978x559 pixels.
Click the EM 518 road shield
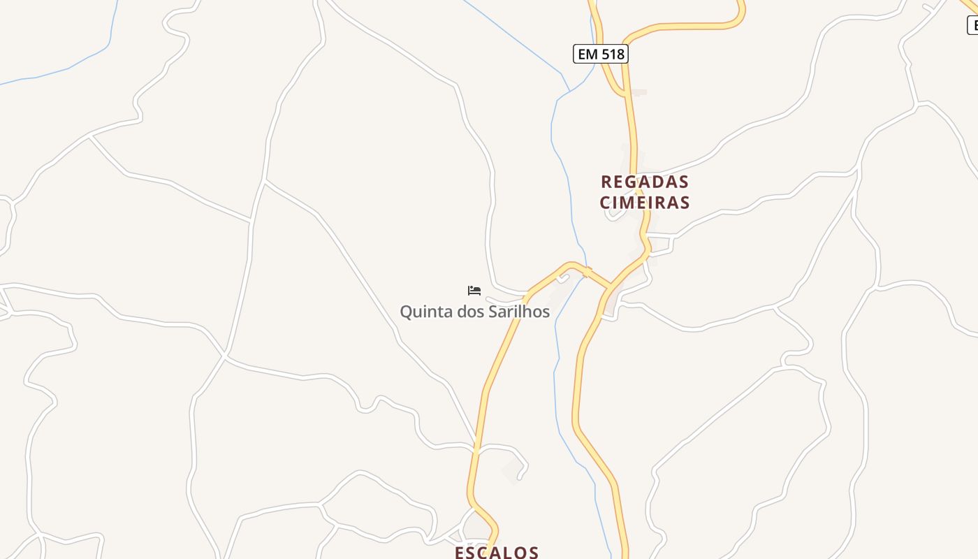point(601,54)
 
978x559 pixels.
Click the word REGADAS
point(645,182)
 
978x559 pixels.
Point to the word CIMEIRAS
point(645,203)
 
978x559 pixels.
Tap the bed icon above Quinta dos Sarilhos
point(474,290)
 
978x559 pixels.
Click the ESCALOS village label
point(497,552)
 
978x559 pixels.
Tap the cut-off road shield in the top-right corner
point(972,25)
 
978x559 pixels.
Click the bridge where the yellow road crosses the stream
point(586,271)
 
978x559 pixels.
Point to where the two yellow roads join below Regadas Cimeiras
point(611,287)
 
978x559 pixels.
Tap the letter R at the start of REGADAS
point(606,182)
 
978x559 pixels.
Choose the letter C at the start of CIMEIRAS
point(605,203)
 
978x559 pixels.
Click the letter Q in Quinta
point(406,312)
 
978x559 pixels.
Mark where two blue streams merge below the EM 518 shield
point(571,91)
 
